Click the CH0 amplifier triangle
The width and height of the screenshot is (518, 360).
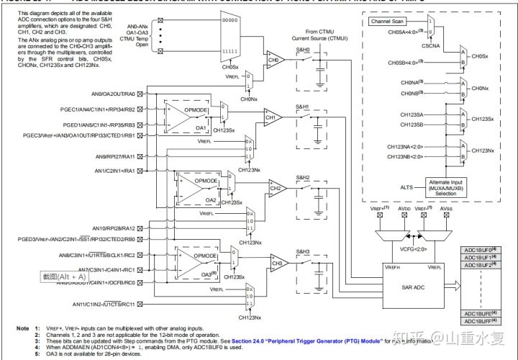(273, 60)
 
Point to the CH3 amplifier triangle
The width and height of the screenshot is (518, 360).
(275, 263)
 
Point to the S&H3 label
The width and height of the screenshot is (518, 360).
(304, 251)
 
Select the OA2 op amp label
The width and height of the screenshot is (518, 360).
(211, 199)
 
